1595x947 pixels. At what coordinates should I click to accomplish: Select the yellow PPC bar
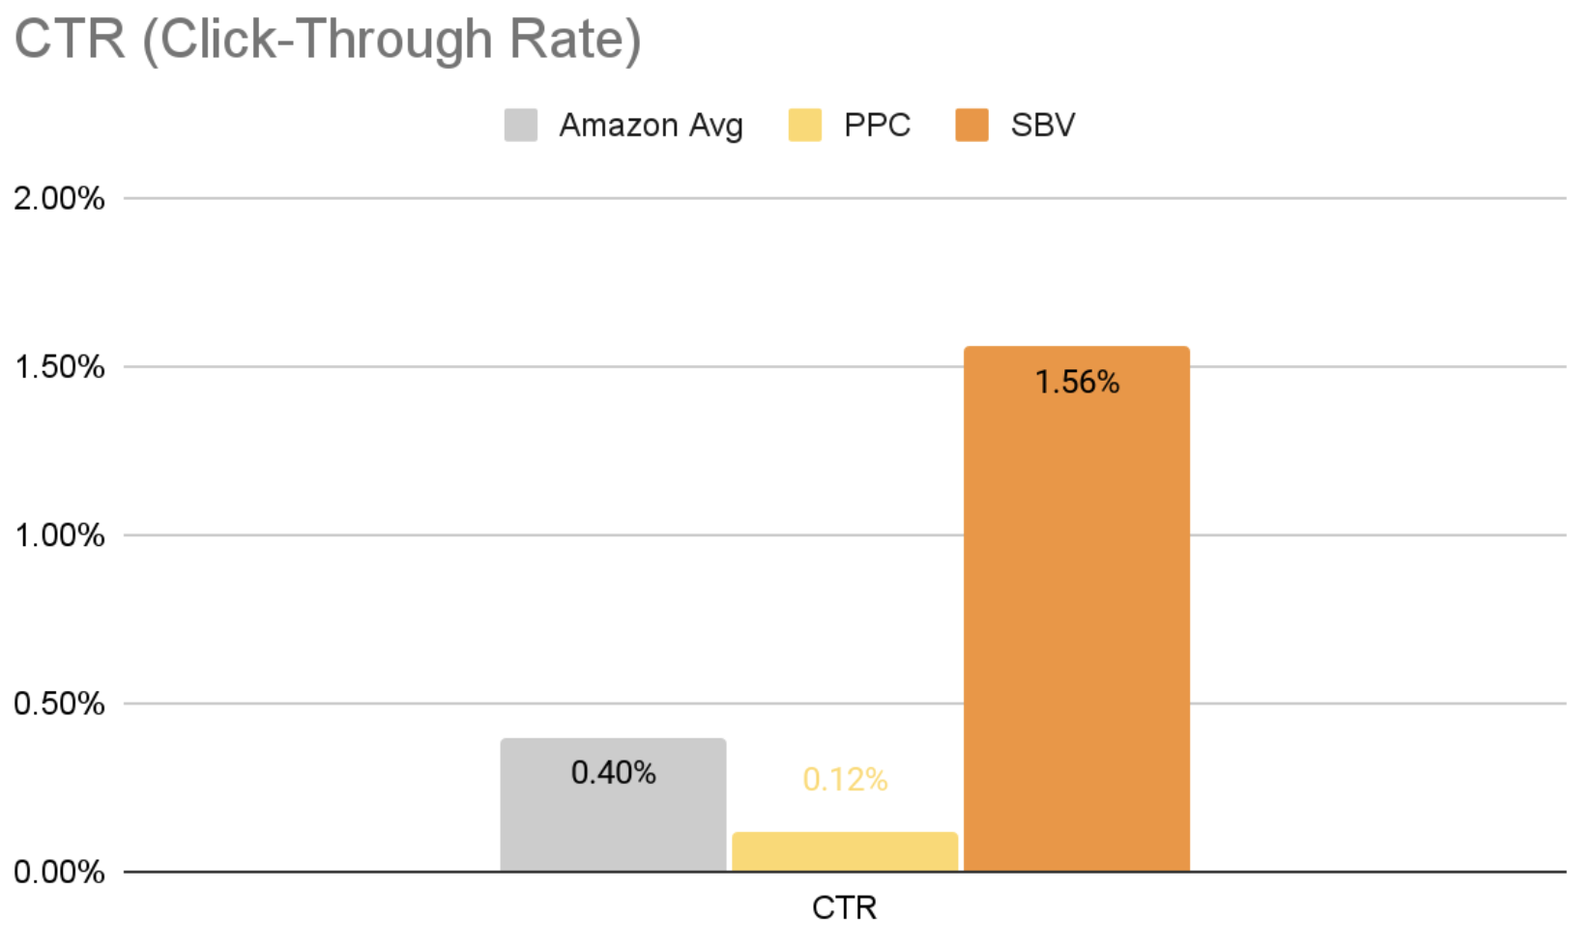(x=845, y=852)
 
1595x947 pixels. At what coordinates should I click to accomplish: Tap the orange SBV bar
(x=1077, y=628)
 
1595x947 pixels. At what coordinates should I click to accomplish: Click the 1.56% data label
(x=1077, y=383)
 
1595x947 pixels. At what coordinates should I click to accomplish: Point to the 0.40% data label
(x=613, y=773)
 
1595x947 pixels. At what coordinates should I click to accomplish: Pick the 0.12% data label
(x=845, y=780)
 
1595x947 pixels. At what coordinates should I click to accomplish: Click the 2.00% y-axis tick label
(x=59, y=199)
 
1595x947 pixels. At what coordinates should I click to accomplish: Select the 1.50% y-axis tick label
(x=59, y=367)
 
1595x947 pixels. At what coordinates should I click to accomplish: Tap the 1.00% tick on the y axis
(x=59, y=535)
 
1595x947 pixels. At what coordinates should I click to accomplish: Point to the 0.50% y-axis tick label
(x=59, y=703)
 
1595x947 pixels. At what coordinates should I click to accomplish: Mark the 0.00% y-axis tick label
(x=59, y=872)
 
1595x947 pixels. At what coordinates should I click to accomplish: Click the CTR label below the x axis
(x=844, y=908)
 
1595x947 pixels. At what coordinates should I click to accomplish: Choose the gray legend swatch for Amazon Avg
(x=521, y=126)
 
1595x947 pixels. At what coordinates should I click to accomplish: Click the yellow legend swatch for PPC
(x=805, y=126)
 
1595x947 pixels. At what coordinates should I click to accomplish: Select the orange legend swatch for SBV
(x=971, y=126)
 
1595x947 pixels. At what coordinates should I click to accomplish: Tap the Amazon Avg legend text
(x=651, y=126)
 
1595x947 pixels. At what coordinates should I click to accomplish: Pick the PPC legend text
(x=877, y=126)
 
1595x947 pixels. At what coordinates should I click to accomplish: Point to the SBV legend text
(x=1042, y=126)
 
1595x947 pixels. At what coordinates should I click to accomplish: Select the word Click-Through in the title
(x=327, y=41)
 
